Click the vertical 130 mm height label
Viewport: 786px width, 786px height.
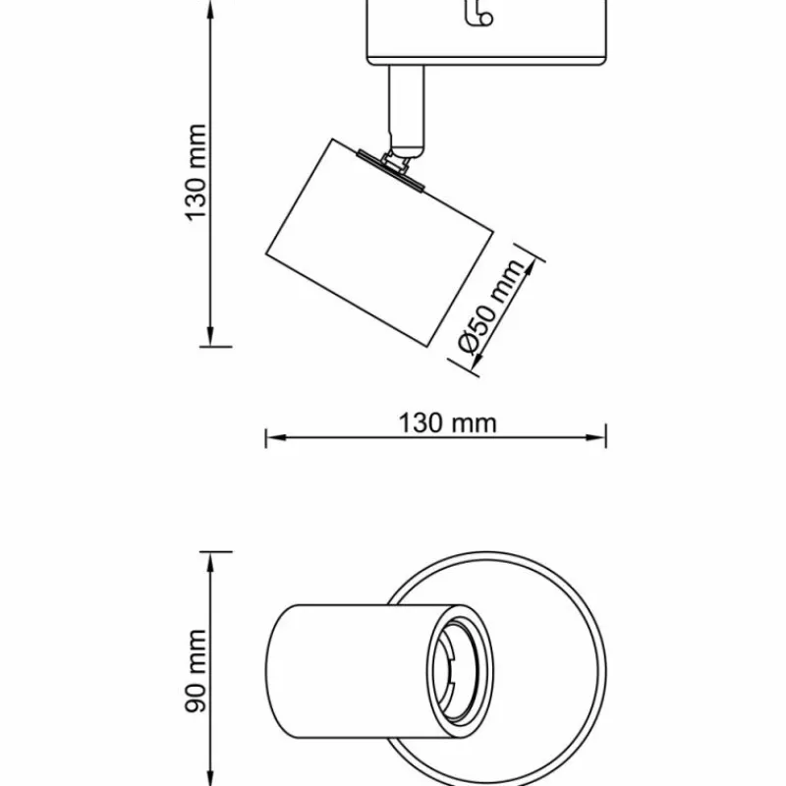196,172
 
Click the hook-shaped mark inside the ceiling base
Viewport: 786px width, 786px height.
478,14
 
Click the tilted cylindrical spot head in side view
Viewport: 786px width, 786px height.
378,241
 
